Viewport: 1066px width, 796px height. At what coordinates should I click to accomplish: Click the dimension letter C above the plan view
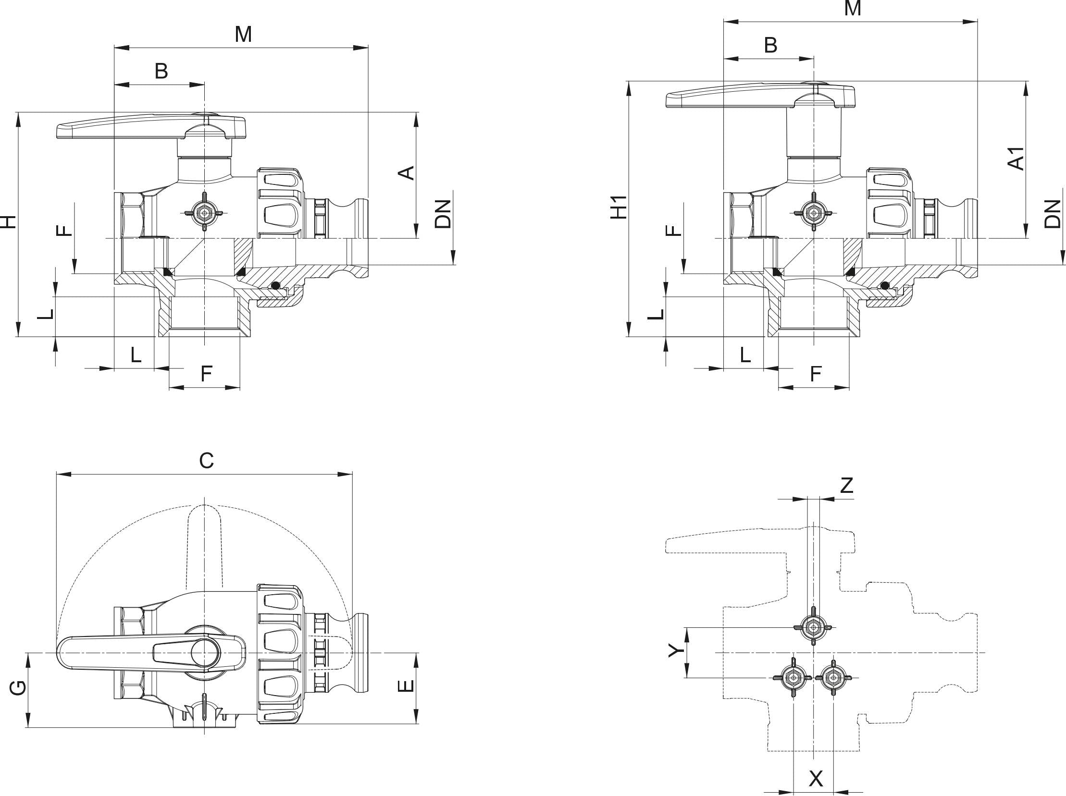(206, 461)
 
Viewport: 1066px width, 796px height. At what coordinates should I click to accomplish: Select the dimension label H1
(619, 207)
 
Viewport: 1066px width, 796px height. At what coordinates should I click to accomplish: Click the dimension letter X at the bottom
(816, 778)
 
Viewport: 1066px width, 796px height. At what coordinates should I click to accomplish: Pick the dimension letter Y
(677, 650)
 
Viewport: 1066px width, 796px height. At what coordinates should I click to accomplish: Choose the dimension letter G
(18, 688)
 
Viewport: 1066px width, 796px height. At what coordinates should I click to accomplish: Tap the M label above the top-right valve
(853, 9)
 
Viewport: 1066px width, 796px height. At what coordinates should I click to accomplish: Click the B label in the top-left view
(161, 71)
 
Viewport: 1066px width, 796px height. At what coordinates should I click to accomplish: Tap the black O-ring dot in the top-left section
(275, 286)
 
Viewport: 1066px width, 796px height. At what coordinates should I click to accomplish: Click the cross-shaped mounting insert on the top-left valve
(205, 212)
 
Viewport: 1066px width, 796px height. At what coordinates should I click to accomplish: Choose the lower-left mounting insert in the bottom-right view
(793, 677)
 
